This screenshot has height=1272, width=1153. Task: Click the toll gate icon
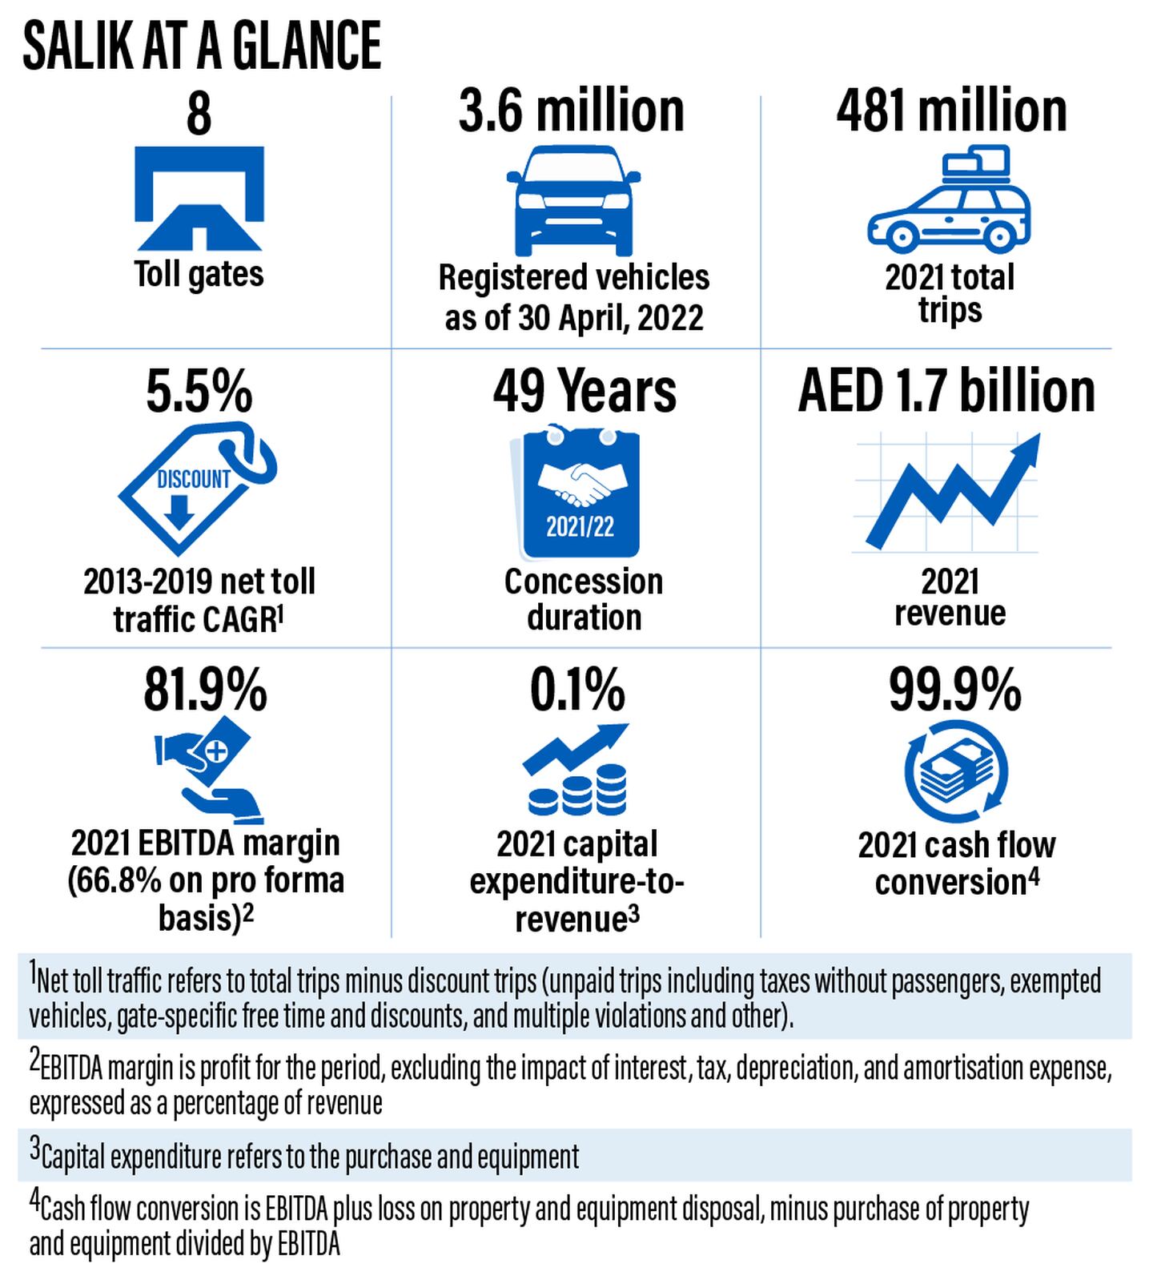coord(199,199)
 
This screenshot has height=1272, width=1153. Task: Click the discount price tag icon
coord(197,488)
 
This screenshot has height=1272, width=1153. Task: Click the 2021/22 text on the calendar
coord(580,527)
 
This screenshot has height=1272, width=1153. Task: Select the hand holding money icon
coord(208,767)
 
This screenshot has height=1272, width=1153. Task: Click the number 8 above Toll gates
coord(199,115)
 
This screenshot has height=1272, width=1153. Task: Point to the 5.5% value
coord(199,392)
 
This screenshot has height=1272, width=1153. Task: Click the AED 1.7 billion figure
coord(946,391)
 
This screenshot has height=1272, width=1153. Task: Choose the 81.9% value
coord(205,690)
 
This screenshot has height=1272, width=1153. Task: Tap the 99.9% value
coord(955,690)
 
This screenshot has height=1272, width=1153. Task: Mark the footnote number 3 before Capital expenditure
coord(34,1150)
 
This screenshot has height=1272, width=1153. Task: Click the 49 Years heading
coord(585,391)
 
